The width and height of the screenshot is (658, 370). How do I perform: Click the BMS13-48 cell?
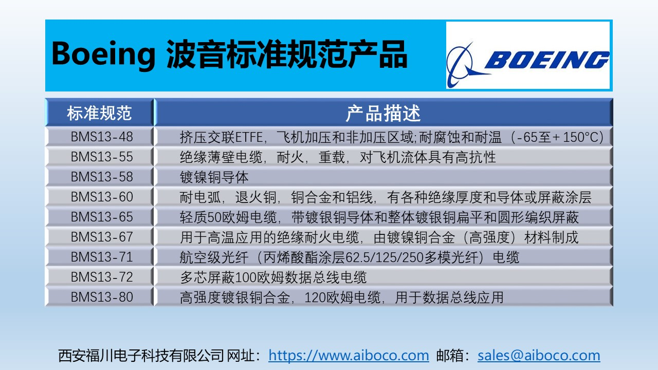point(102,137)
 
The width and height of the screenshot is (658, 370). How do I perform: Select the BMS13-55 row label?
point(102,157)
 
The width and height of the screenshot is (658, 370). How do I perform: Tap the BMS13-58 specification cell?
point(102,177)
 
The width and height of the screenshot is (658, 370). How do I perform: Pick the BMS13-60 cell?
point(102,197)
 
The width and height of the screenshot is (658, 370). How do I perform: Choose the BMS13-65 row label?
point(102,217)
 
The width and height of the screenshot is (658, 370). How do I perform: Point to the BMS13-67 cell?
point(102,237)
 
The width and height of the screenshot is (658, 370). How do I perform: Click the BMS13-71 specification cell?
point(102,257)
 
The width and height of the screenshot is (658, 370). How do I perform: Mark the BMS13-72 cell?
point(102,277)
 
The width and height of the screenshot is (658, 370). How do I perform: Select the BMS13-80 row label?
point(102,297)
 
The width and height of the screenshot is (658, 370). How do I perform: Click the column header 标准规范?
point(99,113)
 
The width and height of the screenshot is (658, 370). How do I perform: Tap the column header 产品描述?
point(383,113)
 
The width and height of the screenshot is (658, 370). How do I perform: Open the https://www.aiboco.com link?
point(349,356)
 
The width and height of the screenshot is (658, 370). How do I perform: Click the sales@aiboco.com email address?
point(539,356)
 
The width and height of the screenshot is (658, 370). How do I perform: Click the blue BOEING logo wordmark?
point(547,60)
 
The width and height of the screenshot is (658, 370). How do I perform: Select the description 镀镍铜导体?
point(214,177)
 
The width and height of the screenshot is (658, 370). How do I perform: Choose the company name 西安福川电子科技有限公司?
point(141,356)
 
